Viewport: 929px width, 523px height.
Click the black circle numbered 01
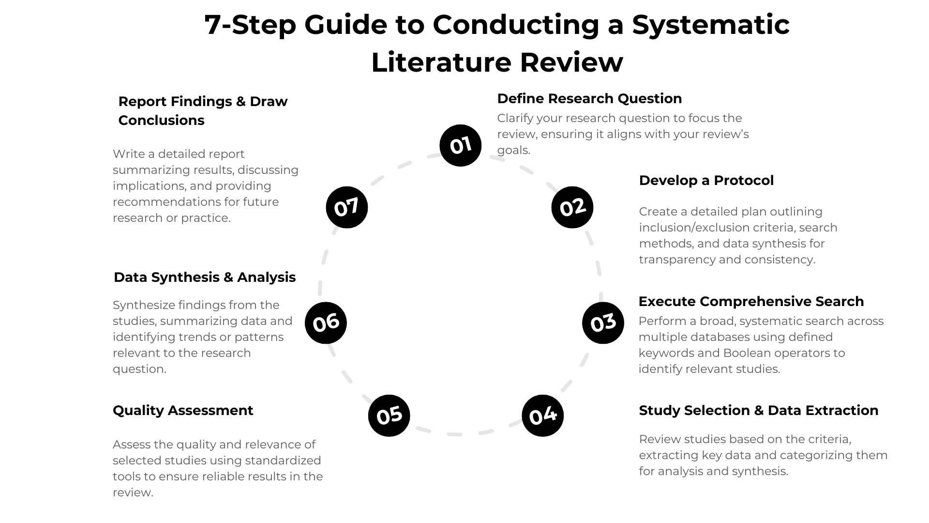tap(460, 145)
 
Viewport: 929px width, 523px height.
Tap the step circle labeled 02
tap(572, 207)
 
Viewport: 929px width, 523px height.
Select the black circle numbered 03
tap(603, 323)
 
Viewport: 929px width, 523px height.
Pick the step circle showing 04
tap(542, 415)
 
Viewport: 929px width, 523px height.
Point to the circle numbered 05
tap(389, 415)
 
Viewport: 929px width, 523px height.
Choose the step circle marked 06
tap(326, 323)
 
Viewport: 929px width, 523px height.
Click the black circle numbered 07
tap(347, 207)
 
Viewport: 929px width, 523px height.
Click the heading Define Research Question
tap(589, 98)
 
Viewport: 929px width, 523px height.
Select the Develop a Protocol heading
tap(706, 180)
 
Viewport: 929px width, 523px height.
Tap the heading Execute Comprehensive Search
tap(751, 301)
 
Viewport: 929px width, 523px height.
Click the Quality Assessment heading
tap(183, 410)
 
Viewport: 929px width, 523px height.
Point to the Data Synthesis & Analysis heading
tap(205, 277)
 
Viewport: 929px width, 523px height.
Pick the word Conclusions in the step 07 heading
tap(161, 120)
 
